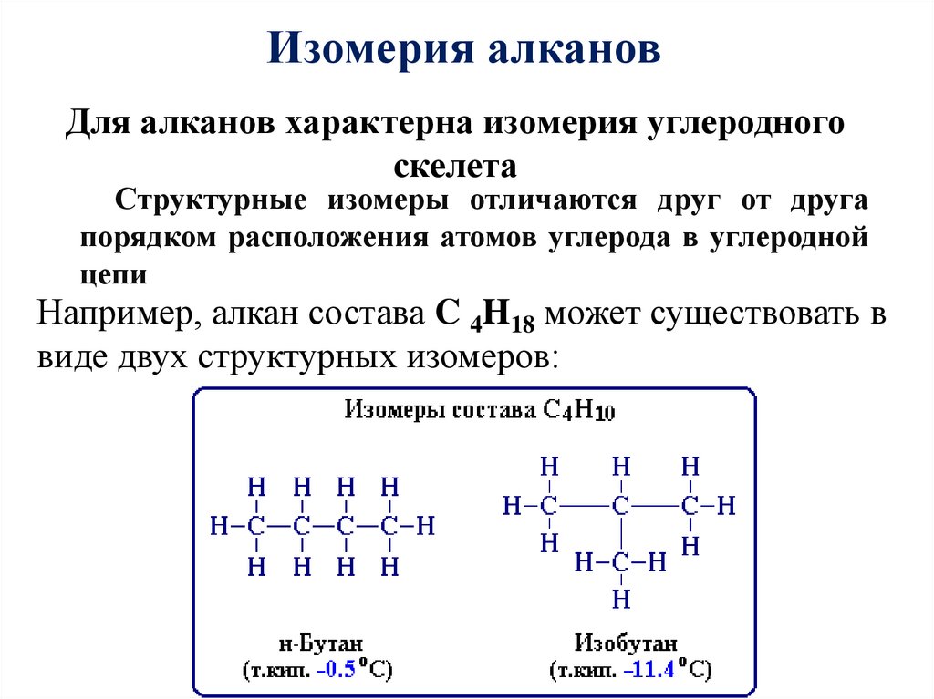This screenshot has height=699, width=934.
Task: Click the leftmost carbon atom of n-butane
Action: click(256, 526)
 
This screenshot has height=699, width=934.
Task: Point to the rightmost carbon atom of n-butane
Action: click(389, 526)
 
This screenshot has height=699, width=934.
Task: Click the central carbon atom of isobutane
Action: click(621, 506)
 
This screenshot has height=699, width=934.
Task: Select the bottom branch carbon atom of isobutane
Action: click(621, 562)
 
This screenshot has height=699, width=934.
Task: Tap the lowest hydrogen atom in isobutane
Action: click(621, 600)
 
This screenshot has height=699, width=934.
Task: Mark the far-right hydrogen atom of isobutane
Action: click(726, 506)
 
